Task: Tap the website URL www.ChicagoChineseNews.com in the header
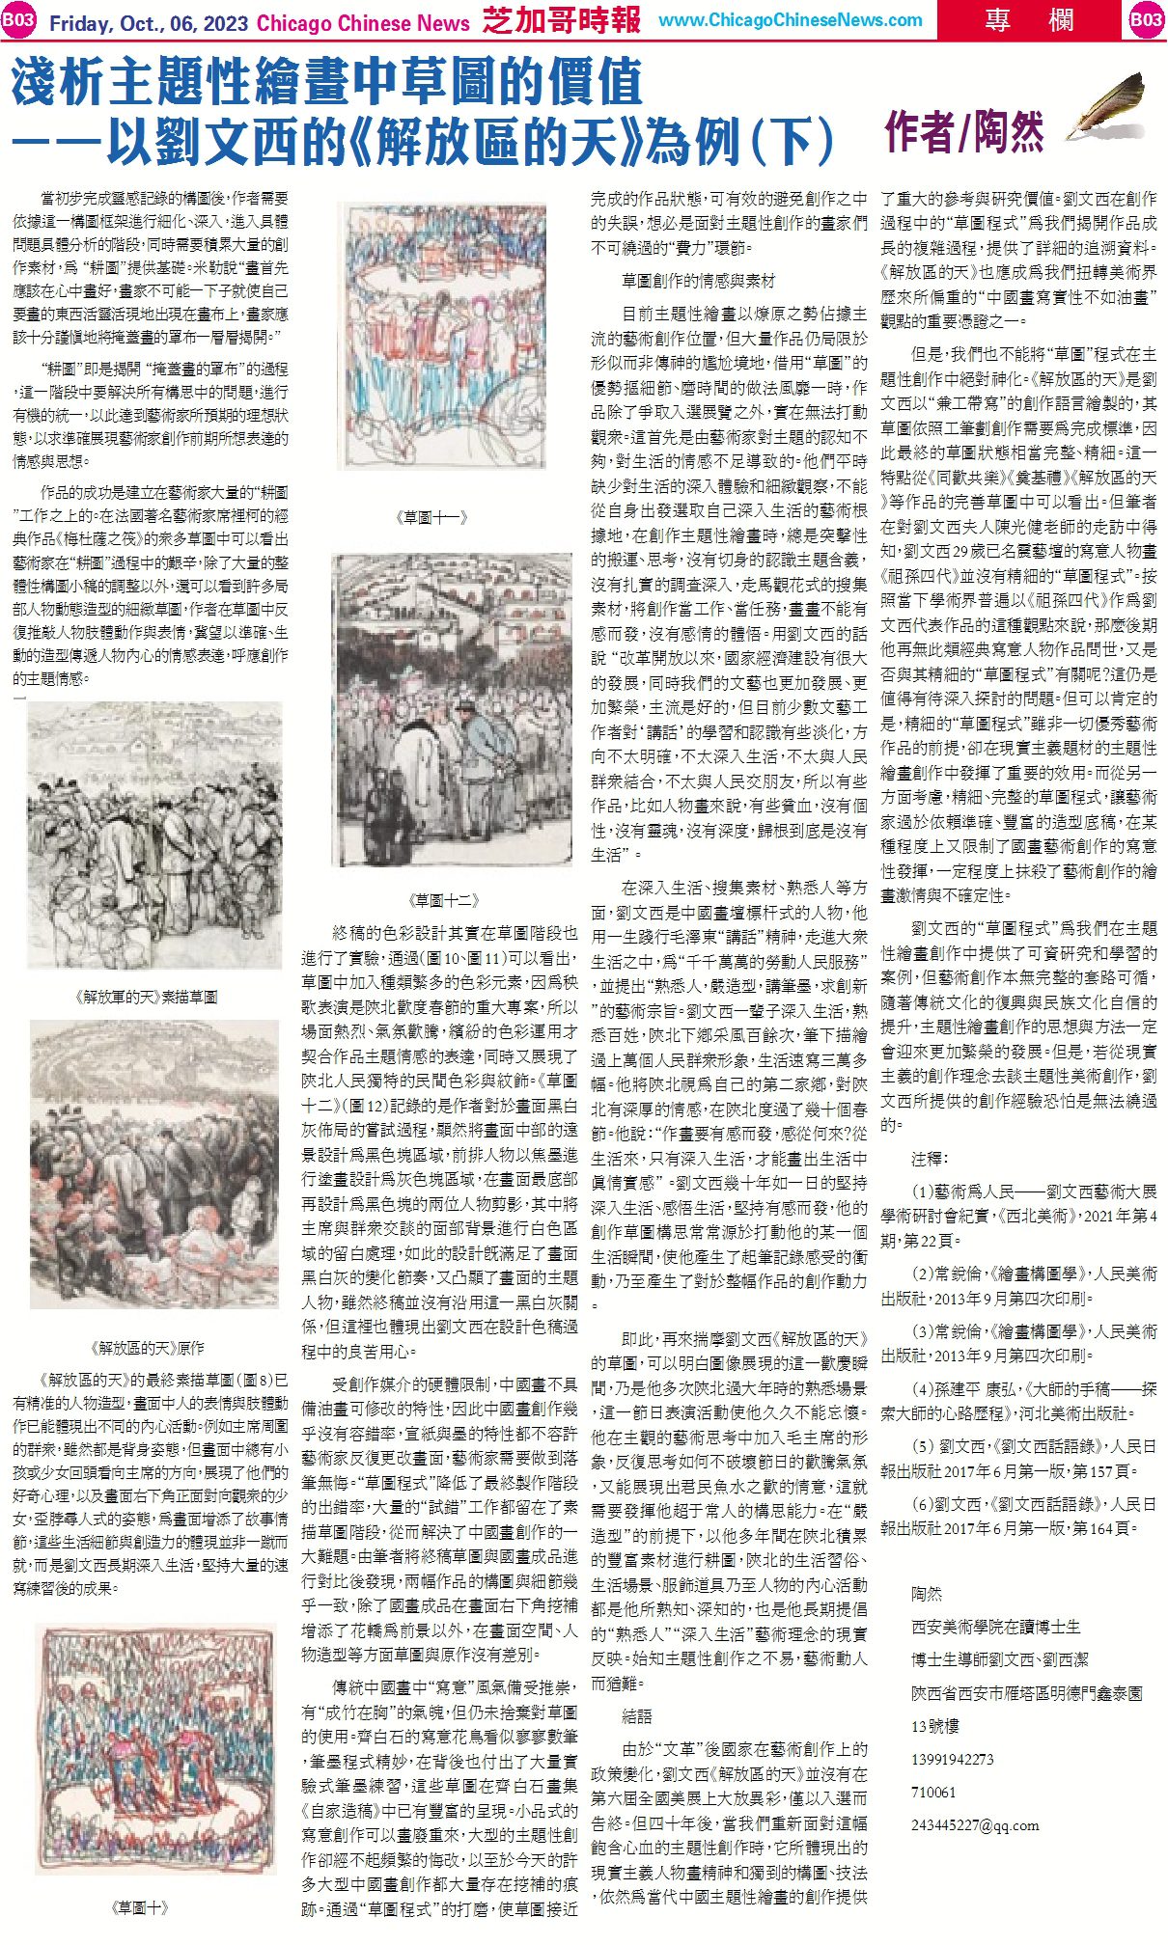point(791,20)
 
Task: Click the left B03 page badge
point(18,20)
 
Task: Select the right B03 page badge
point(1147,20)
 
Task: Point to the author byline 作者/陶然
point(963,132)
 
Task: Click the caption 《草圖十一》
point(431,517)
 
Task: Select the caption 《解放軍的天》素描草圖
point(146,996)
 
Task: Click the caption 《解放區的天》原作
point(146,1347)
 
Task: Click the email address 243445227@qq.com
point(975,1825)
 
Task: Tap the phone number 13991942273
point(952,1759)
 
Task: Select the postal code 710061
point(933,1792)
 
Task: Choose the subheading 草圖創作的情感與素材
point(698,281)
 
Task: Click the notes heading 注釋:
point(930,1158)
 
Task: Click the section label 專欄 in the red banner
point(1011,19)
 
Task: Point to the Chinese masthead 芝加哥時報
point(561,19)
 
